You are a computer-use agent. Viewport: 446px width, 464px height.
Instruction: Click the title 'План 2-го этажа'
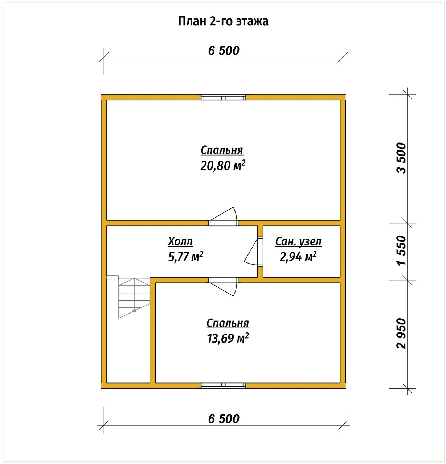tap(223, 21)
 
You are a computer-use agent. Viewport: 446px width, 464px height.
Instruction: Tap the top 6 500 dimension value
tap(224, 51)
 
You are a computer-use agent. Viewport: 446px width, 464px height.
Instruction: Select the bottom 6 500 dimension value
tap(224, 419)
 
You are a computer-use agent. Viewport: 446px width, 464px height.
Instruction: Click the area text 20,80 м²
tap(223, 165)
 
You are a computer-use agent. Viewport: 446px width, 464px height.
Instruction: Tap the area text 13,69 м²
tap(228, 338)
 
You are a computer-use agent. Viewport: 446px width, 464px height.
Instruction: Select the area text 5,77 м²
tap(185, 256)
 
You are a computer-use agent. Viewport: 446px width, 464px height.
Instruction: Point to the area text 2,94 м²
tap(298, 256)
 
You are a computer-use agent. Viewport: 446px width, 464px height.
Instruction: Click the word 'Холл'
tap(180, 241)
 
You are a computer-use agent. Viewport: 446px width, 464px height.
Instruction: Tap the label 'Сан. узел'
tap(298, 241)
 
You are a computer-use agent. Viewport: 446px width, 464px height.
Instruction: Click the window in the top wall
tap(223, 98)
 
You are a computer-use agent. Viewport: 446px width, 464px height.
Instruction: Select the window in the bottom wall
tap(223, 385)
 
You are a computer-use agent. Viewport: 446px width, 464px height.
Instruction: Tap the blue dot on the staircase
tap(134, 311)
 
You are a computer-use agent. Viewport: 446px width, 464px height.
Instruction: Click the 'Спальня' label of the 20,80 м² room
tap(222, 150)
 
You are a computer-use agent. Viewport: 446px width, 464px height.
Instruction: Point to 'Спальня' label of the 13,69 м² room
tap(228, 323)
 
